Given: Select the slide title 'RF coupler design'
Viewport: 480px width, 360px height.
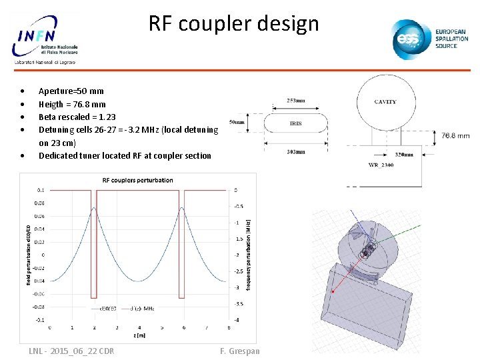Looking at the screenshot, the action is point(233,24).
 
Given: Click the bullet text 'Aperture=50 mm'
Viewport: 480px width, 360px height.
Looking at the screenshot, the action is point(71,91).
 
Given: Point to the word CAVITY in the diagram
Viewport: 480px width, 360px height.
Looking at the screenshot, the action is point(385,102).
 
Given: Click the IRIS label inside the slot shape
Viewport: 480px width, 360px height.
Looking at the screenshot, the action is point(296,123).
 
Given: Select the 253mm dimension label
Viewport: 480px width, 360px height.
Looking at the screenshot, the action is point(296,101).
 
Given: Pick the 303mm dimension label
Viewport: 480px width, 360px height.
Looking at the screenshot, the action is point(296,152).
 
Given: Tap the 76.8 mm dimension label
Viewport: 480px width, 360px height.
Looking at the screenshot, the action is point(455,135).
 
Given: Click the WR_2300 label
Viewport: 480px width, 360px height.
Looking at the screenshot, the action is point(381,165).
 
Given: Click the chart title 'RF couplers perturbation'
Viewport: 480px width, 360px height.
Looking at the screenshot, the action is point(137,180).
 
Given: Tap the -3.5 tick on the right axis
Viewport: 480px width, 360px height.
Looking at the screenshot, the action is point(238,303).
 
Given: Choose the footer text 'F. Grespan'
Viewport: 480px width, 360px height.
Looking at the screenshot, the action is point(239,351).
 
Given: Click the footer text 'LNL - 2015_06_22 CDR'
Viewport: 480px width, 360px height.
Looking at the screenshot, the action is point(71,351).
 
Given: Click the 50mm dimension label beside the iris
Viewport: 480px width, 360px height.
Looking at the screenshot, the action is point(237,123).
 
